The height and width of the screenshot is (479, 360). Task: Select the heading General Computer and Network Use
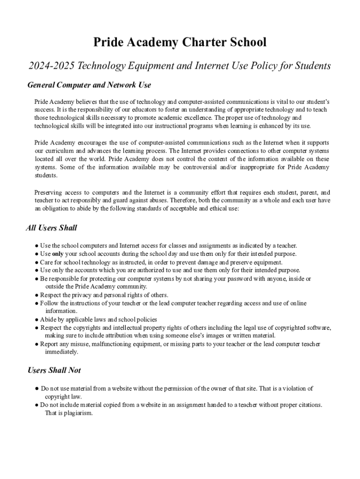89,85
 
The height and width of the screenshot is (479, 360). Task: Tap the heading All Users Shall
51,228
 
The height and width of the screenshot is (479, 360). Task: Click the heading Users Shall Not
54,370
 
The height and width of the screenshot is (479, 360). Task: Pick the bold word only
58,254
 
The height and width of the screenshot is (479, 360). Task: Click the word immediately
62,352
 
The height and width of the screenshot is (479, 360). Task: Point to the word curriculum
56,151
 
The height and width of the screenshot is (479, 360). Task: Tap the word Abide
48,319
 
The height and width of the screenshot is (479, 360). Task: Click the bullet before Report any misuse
36,344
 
